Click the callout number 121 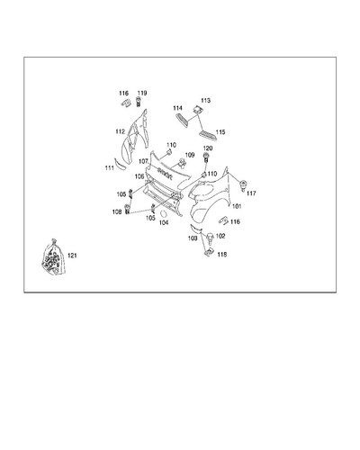tap(72, 256)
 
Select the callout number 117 tap(251, 193)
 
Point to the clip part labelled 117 tap(243, 185)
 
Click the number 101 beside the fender tap(237, 206)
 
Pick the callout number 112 tap(120, 131)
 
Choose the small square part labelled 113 tap(197, 110)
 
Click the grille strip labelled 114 tap(182, 121)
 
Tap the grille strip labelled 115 tap(208, 135)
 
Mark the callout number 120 tap(208, 148)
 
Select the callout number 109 tap(190, 155)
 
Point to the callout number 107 tap(143, 161)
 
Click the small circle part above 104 tap(164, 214)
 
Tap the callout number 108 tap(117, 211)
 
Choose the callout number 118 tap(222, 255)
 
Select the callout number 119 tap(142, 93)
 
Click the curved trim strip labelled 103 tap(195, 229)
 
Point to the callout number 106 tap(139, 176)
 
